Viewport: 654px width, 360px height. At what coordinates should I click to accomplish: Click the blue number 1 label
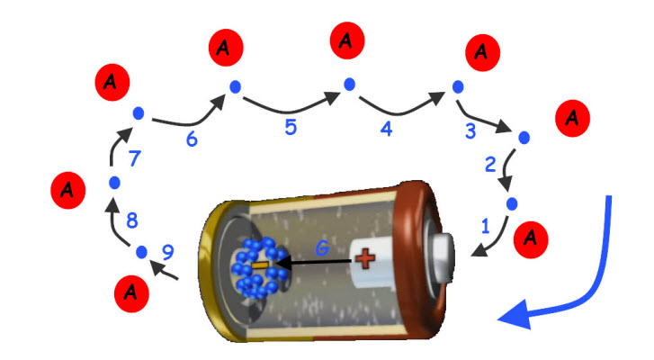click(484, 228)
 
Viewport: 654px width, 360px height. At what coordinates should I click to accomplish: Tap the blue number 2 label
click(490, 165)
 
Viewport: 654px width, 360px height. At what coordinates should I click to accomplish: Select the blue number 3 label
click(470, 131)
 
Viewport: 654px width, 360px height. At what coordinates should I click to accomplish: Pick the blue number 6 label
click(191, 139)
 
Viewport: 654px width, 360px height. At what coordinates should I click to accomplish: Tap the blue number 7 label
click(134, 159)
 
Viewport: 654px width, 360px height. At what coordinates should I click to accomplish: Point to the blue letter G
click(323, 246)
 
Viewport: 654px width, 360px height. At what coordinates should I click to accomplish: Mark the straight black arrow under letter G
click(315, 263)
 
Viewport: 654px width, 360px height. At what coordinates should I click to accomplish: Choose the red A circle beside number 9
click(132, 291)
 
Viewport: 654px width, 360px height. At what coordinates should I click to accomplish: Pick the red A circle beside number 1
click(532, 238)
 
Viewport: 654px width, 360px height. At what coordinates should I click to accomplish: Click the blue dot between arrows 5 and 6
click(235, 86)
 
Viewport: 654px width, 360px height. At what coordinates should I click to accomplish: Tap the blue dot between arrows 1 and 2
click(510, 202)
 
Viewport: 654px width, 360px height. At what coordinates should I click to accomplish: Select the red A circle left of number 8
click(65, 191)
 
